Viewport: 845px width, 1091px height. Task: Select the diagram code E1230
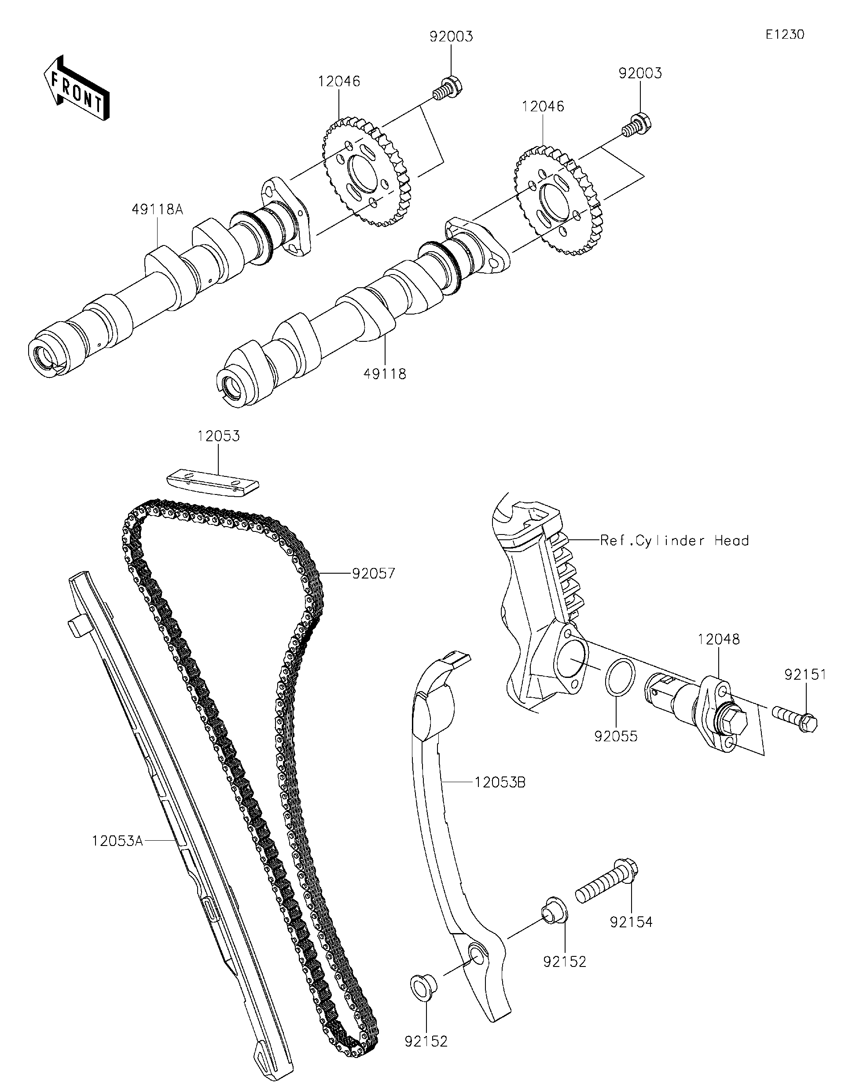[785, 34]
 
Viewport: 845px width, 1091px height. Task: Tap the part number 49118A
[158, 210]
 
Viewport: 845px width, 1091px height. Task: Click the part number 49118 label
[384, 373]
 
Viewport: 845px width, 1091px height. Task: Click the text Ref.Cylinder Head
[674, 541]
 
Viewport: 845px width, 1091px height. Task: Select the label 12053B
[500, 783]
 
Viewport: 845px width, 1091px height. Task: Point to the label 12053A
[117, 841]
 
